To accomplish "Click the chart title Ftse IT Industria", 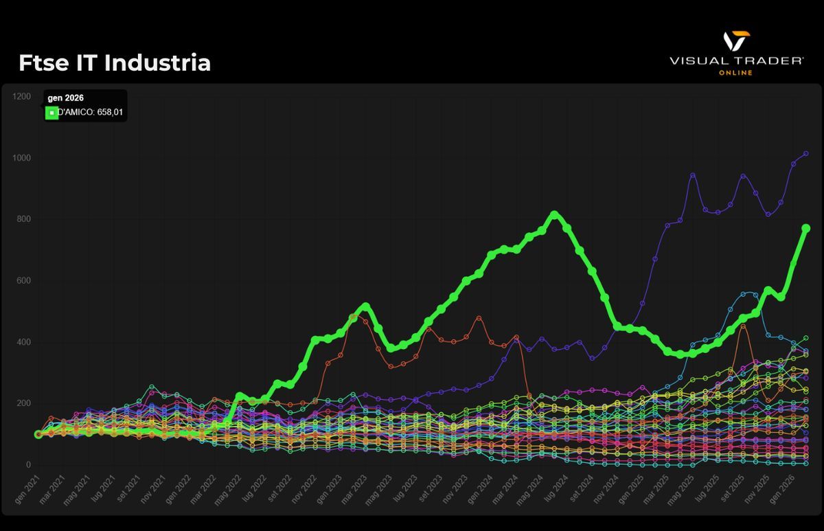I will click(x=115, y=63).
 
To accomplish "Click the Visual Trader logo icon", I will click(x=736, y=41).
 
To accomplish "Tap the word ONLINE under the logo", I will click(x=735, y=72).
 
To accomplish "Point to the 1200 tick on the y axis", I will click(x=21, y=97).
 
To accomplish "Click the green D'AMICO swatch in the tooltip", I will click(x=51, y=112).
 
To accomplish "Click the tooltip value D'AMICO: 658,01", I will click(x=90, y=112).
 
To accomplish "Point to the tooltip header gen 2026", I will click(x=66, y=98).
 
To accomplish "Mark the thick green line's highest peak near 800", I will click(x=555, y=215).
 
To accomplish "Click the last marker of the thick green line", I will click(x=806, y=228).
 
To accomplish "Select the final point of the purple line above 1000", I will click(x=806, y=154).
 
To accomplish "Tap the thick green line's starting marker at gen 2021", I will click(x=38, y=434).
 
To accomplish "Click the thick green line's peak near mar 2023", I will click(x=365, y=306).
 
